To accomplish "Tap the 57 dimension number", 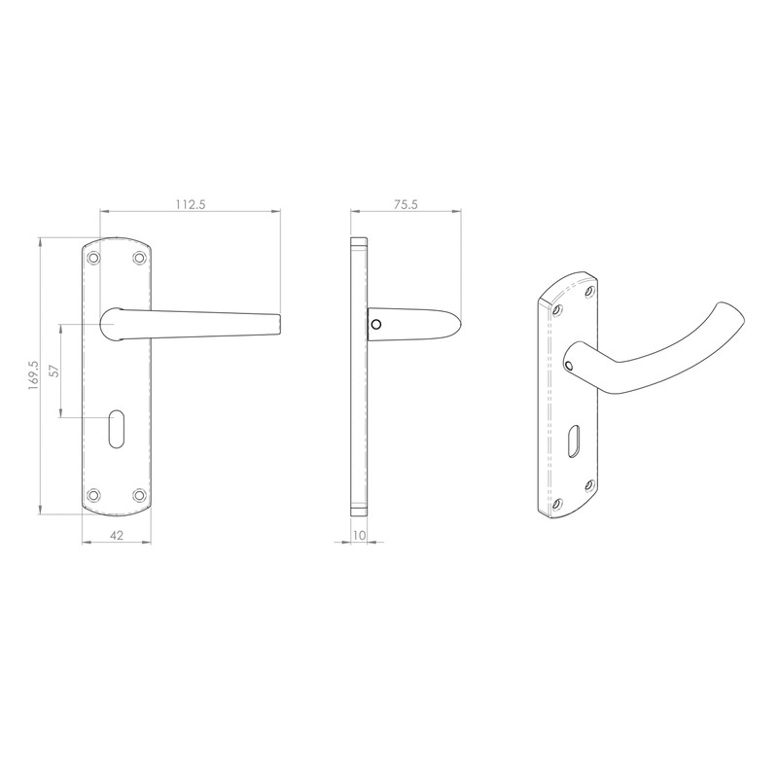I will pyautogui.click(x=54, y=371).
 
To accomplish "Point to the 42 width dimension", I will pyautogui.click(x=118, y=534).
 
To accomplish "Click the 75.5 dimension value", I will pyautogui.click(x=406, y=203).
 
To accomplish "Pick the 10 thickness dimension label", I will pyautogui.click(x=359, y=534).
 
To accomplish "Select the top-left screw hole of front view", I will pyautogui.click(x=94, y=258).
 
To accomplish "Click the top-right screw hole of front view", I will pyautogui.click(x=140, y=258).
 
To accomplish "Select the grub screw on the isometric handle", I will pyautogui.click(x=569, y=365).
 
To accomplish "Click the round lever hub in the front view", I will pyautogui.click(x=113, y=323).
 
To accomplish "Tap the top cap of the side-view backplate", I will pyautogui.click(x=358, y=240).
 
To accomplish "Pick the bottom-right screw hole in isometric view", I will pyautogui.click(x=588, y=483).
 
